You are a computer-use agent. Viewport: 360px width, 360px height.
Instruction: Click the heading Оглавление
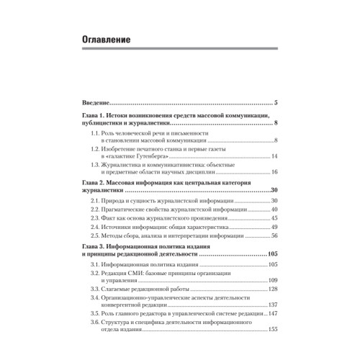click(107, 41)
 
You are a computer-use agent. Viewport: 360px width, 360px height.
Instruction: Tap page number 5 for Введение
click(276, 103)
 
